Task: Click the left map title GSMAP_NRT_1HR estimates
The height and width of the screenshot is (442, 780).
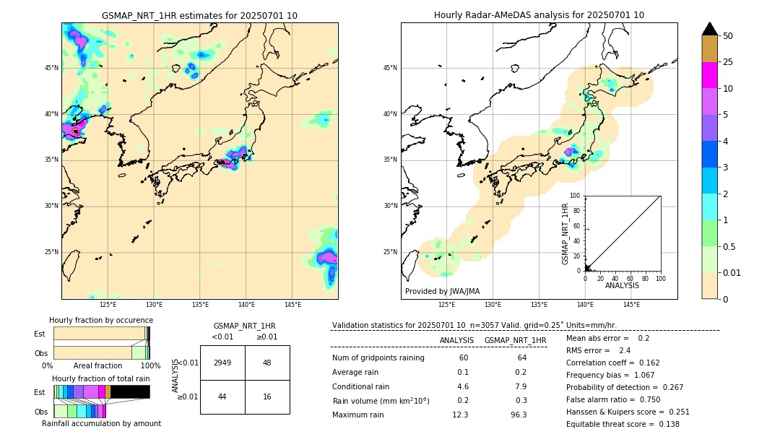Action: coord(199,15)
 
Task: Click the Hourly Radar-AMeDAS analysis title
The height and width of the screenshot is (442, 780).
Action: coord(539,15)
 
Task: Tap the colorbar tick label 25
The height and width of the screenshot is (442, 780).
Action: coord(728,62)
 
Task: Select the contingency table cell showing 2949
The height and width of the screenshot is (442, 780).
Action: coord(222,363)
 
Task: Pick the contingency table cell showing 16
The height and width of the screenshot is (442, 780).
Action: coord(267,396)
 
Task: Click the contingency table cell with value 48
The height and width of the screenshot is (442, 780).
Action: coord(267,363)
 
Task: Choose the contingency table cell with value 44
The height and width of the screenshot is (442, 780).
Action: coord(222,396)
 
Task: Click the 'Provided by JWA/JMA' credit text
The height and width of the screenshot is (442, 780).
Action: coord(442,291)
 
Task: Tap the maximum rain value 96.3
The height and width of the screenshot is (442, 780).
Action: coord(518,415)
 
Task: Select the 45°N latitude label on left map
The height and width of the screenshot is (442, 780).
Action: coord(51,68)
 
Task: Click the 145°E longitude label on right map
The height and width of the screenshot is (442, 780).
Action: coord(631,305)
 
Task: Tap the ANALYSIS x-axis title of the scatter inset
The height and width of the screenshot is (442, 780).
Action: coord(622,286)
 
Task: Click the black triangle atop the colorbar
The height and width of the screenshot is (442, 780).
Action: coord(710,29)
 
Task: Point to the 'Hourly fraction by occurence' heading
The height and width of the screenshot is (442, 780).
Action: coord(101,320)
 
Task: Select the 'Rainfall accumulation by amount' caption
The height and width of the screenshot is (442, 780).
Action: coord(101,423)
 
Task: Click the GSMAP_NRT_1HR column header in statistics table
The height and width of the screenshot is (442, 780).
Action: coord(515,340)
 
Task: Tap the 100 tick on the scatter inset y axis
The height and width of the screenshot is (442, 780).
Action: coord(576,196)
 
